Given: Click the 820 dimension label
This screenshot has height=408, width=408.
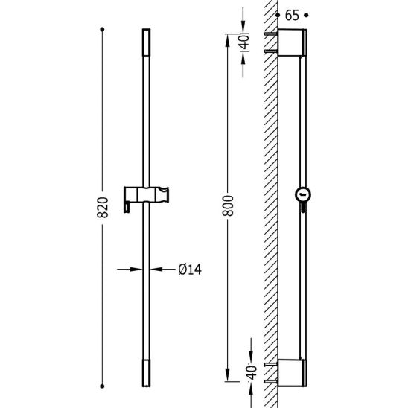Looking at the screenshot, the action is pos(102,207).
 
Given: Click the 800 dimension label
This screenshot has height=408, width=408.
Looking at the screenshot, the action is pos(228,205).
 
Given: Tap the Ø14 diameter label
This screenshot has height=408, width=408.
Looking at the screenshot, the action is pos(190,270).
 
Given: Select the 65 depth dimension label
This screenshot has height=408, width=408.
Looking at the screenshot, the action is pos(292,16).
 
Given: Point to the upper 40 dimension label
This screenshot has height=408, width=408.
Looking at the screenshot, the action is pos(244,42).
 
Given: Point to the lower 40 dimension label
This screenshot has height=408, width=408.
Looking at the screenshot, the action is pos(252,372).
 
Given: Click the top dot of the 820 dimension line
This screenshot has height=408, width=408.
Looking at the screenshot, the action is pos(102,29).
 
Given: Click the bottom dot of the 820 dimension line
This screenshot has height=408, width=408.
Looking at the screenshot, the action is pos(102,386).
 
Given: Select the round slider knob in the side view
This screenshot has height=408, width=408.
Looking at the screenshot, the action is pos(303,194).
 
